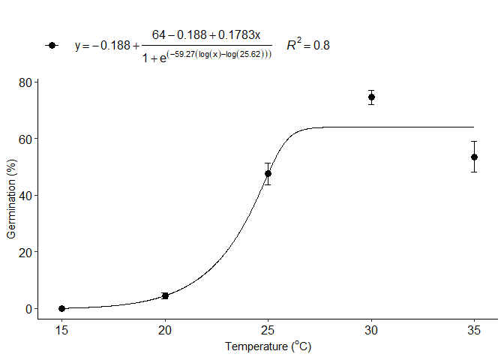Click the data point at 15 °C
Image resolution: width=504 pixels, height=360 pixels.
(61, 308)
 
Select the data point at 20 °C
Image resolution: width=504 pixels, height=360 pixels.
(165, 295)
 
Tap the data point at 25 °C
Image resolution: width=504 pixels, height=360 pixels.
(268, 173)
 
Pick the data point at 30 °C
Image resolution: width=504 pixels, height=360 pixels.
(371, 97)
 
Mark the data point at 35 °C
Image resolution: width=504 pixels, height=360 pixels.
(474, 157)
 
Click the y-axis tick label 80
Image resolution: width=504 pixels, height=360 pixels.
(25, 82)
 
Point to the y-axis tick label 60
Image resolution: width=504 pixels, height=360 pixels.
(25, 139)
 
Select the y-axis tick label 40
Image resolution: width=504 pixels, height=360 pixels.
(25, 195)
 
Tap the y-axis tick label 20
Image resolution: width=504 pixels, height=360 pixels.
(25, 252)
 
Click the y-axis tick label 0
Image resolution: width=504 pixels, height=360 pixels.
(28, 308)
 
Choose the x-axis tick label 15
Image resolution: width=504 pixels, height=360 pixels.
(61, 329)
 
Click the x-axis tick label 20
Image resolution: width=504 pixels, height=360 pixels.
(165, 329)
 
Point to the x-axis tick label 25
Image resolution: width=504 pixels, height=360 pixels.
(268, 329)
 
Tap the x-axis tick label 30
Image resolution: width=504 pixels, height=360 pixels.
(371, 329)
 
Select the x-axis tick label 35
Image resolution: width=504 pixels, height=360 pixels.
(474, 329)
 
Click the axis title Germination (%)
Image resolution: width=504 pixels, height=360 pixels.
(11, 199)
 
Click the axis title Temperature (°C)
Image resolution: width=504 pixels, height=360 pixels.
(268, 346)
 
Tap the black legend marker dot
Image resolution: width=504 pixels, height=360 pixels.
(51, 45)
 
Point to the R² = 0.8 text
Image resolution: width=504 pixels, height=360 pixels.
(307, 45)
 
